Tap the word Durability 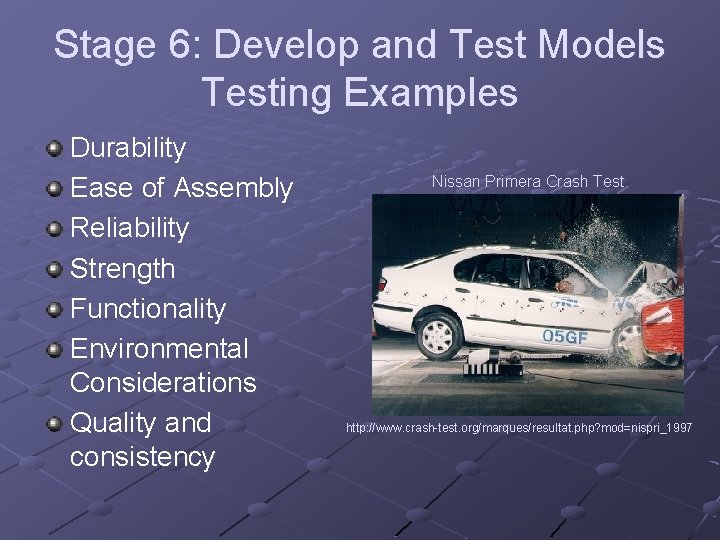click(x=128, y=148)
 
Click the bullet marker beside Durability click(x=54, y=149)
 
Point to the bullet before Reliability click(x=54, y=229)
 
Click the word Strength click(x=122, y=268)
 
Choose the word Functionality click(x=148, y=308)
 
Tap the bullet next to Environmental click(x=54, y=349)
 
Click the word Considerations click(x=163, y=382)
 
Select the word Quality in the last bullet click(x=113, y=423)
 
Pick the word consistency click(x=142, y=457)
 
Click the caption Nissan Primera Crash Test click(x=527, y=182)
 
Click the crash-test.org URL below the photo click(x=518, y=428)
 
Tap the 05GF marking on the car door click(x=564, y=337)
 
